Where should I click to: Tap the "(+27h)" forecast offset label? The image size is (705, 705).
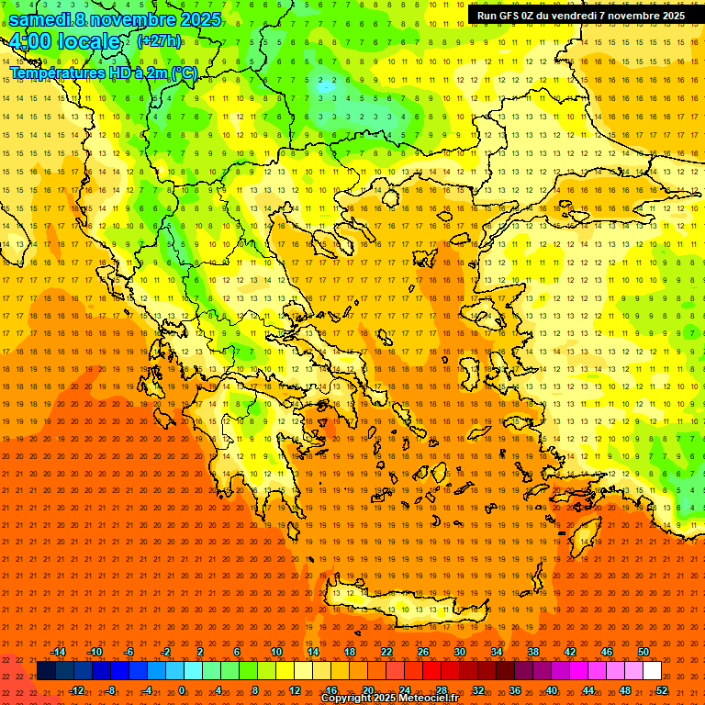pyautogui.click(x=158, y=40)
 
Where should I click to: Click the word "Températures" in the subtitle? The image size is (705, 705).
pyautogui.click(x=59, y=73)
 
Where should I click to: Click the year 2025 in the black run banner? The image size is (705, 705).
pyautogui.click(x=669, y=16)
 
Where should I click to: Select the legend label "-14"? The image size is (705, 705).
pyautogui.click(x=58, y=652)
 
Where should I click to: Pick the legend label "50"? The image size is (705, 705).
pyautogui.click(x=643, y=652)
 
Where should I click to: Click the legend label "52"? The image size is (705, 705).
pyautogui.click(x=661, y=690)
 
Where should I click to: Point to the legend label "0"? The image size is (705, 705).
pyautogui.click(x=182, y=690)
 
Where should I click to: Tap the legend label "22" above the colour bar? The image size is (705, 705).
pyautogui.click(x=386, y=652)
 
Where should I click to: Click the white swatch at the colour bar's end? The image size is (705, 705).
pyautogui.click(x=653, y=671)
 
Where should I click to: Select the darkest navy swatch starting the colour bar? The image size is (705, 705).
pyautogui.click(x=46, y=671)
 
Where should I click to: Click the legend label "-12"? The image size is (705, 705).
pyautogui.click(x=76, y=690)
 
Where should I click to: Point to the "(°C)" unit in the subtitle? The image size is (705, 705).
pyautogui.click(x=184, y=73)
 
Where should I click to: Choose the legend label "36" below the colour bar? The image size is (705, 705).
pyautogui.click(x=515, y=690)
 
